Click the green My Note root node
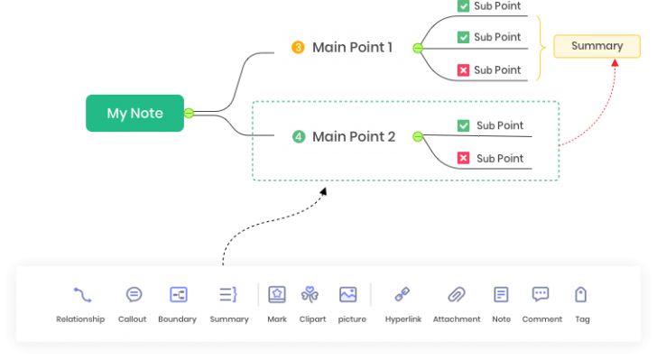(x=134, y=114)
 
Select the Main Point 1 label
(x=352, y=48)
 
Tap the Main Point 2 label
(x=354, y=137)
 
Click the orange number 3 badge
(x=298, y=48)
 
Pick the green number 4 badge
(x=299, y=137)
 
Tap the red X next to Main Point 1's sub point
(x=463, y=70)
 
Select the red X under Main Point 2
(x=464, y=159)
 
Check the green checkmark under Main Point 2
(x=464, y=126)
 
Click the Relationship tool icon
(x=82, y=294)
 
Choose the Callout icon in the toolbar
(x=134, y=294)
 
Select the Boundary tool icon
(x=179, y=294)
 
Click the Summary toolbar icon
(x=229, y=294)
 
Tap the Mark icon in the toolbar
(x=277, y=294)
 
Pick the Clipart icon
(x=310, y=294)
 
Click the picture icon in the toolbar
(x=348, y=294)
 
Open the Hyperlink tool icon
(x=403, y=294)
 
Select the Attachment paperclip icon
(x=457, y=294)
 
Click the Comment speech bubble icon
(x=541, y=294)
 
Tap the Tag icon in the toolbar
(x=581, y=294)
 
